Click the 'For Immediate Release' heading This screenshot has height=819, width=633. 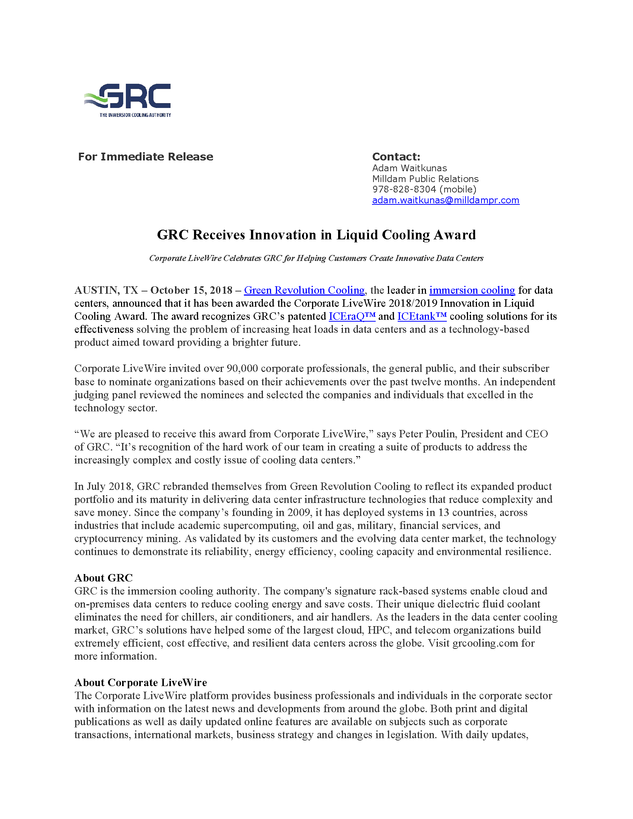click(146, 157)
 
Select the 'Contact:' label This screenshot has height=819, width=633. click(396, 157)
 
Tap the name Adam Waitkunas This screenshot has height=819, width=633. click(410, 168)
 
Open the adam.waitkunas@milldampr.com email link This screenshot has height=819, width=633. click(445, 200)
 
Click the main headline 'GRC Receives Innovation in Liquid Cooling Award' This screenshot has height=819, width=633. click(316, 235)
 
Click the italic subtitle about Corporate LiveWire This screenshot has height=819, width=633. click(316, 258)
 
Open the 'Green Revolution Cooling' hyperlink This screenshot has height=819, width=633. click(304, 290)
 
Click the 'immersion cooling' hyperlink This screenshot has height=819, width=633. click(472, 290)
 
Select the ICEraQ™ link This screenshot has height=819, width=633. click(352, 316)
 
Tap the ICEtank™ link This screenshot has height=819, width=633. click(422, 316)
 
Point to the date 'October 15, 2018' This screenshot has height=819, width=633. click(191, 290)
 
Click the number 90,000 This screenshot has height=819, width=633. click(242, 369)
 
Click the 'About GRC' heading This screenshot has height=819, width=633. click(104, 578)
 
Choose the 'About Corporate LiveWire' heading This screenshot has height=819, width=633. click(141, 682)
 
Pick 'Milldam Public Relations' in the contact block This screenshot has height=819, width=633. click(425, 179)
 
